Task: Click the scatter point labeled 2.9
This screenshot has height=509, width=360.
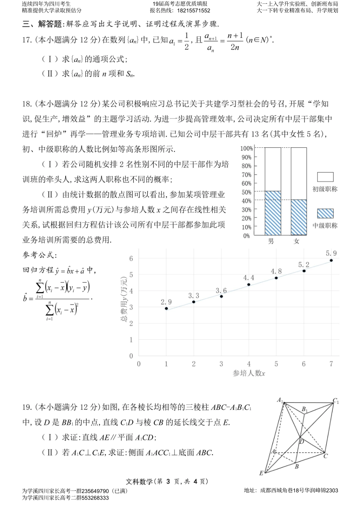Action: click(x=166, y=309)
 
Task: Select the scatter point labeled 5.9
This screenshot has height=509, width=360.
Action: click(x=331, y=260)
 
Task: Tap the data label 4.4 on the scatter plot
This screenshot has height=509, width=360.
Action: click(x=249, y=278)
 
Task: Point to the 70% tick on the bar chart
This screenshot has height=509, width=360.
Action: click(x=246, y=175)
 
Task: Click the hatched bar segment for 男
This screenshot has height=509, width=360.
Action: click(x=273, y=213)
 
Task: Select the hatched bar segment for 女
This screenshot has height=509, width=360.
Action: click(x=299, y=217)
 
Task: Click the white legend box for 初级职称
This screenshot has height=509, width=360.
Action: click(x=325, y=177)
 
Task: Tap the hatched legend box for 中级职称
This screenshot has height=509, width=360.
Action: click(x=325, y=213)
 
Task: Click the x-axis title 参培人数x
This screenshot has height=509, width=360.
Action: click(x=249, y=373)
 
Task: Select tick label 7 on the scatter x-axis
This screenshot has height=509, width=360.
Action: click(x=331, y=364)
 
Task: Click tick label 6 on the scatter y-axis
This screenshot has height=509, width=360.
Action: click(x=131, y=258)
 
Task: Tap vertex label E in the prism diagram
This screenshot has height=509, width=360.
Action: click(x=261, y=473)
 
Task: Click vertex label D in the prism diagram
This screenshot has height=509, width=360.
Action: click(x=302, y=441)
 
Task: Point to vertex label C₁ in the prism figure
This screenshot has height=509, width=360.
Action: click(x=336, y=401)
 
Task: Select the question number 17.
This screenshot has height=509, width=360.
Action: click(x=27, y=40)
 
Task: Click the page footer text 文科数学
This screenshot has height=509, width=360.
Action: click(x=139, y=482)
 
